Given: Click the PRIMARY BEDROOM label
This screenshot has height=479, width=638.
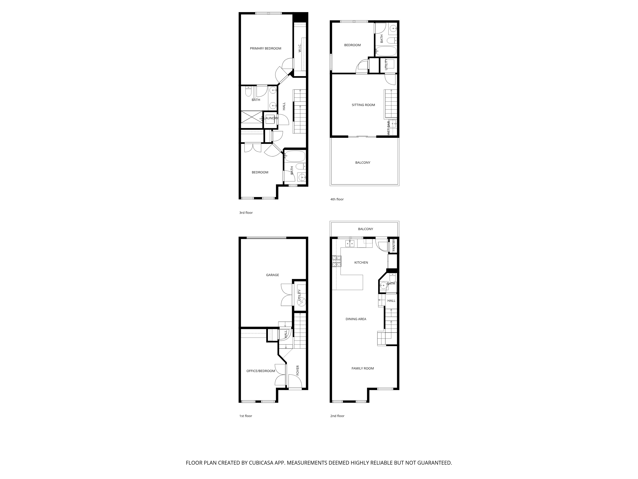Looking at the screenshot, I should pos(265,49).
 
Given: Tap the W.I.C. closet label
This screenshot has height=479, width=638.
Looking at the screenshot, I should pos(300,48).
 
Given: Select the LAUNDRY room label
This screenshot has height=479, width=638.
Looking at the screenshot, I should pos(271,118).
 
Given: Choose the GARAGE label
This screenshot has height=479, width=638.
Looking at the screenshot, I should pos(272,275).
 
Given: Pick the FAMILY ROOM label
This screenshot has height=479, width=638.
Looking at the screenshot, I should pos(363,368).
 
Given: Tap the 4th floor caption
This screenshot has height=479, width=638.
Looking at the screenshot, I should pos(337,199).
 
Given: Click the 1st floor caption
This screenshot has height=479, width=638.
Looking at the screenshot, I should pos(245,416).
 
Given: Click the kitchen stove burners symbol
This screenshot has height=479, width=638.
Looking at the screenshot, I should pos(337,262).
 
